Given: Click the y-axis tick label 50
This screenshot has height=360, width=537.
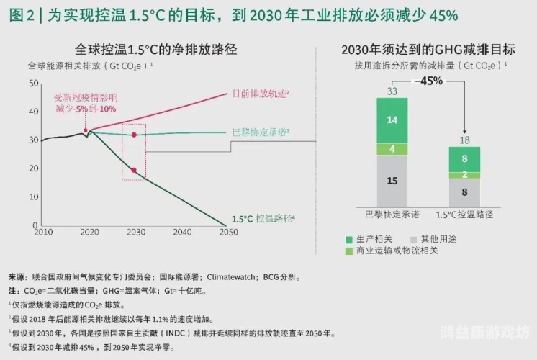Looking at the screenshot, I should coord(32,84).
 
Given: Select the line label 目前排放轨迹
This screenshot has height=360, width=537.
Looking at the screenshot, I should coord(260,94).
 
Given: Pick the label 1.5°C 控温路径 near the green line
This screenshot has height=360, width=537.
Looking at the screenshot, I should coord(263,218).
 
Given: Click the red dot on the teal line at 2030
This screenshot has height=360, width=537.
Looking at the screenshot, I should coord(134,135).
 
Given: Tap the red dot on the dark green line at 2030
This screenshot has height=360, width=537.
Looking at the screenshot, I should coord(134,170).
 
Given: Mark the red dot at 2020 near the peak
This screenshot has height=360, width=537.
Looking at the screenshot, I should coord(86,130).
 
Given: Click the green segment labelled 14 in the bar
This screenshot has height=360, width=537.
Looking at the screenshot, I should coord(392,120).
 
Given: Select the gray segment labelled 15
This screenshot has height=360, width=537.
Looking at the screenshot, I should coord(392,181).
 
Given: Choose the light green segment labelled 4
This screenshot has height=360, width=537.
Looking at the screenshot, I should coord(392,149).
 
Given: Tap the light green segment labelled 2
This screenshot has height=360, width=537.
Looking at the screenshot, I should coord(464,175).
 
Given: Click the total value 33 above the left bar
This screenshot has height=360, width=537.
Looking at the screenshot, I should coord(392,91).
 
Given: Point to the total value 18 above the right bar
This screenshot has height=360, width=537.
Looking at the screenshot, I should coord(464,140).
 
